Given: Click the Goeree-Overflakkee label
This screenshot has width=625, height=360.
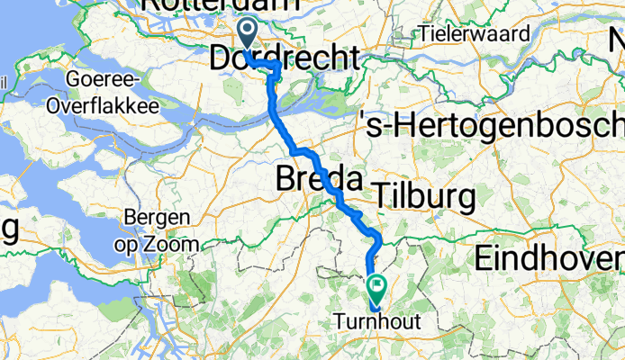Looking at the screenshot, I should coord(113,93).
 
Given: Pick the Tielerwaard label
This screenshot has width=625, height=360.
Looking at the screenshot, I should coord(466,34).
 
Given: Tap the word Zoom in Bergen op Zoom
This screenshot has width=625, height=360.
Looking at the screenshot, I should coord(177,244).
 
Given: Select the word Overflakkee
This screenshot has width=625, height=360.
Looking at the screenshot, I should coord(113,104).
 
